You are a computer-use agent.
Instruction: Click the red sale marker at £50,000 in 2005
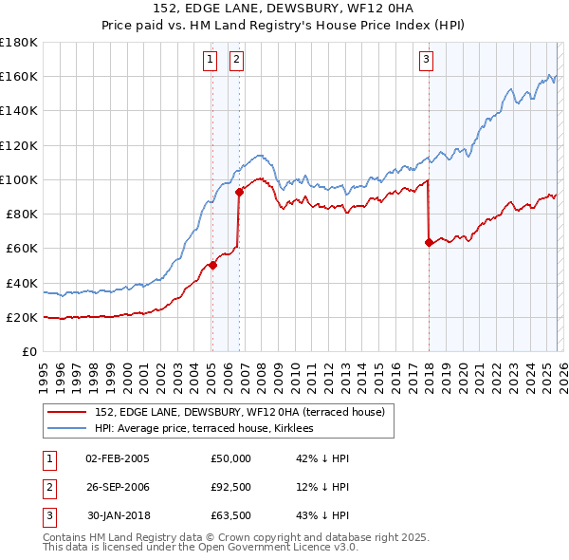212,266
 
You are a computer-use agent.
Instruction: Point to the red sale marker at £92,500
240,193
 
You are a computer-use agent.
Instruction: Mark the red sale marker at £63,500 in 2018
429,242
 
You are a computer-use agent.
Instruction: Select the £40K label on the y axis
22,283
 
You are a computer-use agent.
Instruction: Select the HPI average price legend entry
211,429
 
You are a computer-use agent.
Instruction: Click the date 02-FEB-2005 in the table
117,458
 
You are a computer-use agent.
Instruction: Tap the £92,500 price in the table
230,488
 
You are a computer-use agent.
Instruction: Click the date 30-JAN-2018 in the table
117,517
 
